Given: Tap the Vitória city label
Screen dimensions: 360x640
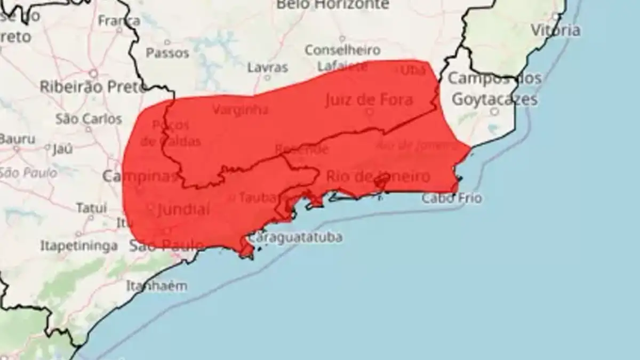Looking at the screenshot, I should click(555, 30).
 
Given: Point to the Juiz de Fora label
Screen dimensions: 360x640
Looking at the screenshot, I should click(369, 100).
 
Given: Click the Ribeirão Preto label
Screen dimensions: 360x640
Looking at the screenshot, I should click(93, 86).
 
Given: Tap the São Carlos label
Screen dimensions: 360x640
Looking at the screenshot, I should click(89, 118).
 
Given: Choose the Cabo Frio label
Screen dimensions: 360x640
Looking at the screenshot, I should click(452, 198).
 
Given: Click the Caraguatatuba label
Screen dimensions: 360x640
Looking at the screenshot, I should click(296, 237).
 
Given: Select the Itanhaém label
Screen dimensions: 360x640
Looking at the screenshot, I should click(157, 286).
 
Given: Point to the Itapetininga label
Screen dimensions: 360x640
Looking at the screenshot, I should click(79, 246).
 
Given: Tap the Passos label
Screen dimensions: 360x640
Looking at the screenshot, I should click(167, 53).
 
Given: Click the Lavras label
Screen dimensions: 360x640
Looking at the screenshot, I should click(268, 68).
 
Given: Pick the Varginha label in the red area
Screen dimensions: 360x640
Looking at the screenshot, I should click(240, 110).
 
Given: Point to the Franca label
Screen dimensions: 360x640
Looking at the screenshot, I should click(119, 21).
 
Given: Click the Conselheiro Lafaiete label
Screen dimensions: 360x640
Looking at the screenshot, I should click(342, 58).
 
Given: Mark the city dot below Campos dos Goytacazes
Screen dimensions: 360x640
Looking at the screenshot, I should click(494, 111).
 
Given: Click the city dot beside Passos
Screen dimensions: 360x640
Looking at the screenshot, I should click(167, 42).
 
